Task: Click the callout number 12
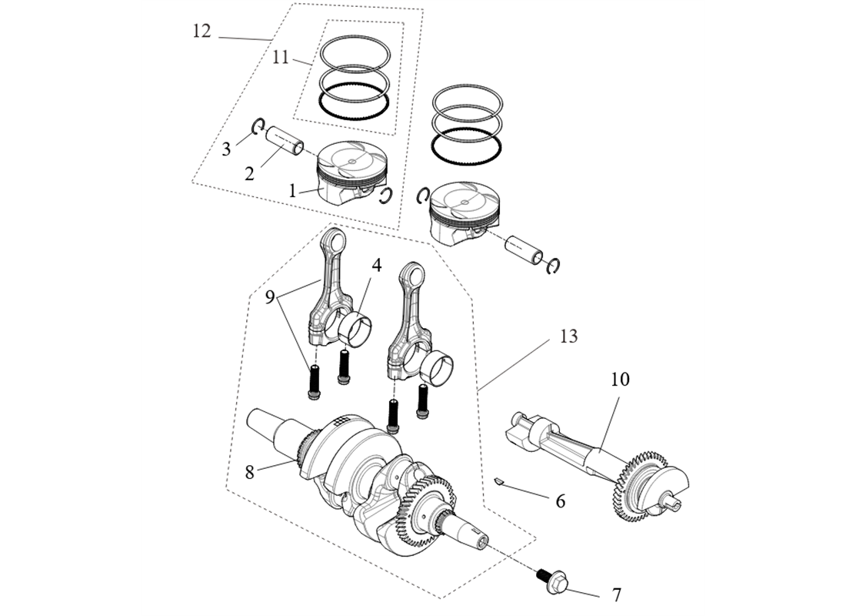click(202, 32)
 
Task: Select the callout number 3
click(226, 149)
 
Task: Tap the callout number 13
click(568, 336)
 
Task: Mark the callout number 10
click(620, 380)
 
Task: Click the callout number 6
click(560, 501)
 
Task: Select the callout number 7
click(616, 594)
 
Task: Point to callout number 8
click(249, 471)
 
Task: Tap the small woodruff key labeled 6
click(499, 481)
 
